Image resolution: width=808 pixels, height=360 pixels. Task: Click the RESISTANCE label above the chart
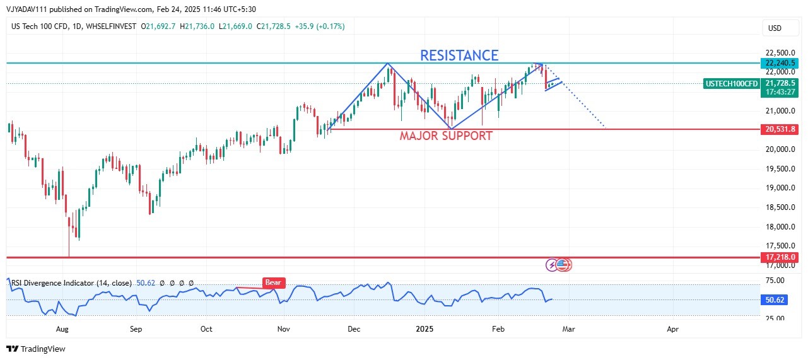[459, 55]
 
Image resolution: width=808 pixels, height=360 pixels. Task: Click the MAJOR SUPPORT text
[446, 136]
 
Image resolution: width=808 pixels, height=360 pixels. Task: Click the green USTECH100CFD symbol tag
[732, 84]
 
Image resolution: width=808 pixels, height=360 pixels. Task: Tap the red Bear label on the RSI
[274, 283]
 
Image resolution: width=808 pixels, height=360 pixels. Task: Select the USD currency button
[774, 28]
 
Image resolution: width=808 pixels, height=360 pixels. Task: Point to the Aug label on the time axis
[62, 329]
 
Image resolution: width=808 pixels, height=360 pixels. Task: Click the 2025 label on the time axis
[424, 329]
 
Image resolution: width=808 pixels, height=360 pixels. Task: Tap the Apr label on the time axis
[673, 329]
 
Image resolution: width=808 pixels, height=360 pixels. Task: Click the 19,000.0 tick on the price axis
[780, 188]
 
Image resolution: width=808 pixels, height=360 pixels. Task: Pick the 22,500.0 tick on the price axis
[780, 52]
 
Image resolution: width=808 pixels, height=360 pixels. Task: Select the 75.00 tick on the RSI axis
[776, 281]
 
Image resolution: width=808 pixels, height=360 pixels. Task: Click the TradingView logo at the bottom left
[36, 349]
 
